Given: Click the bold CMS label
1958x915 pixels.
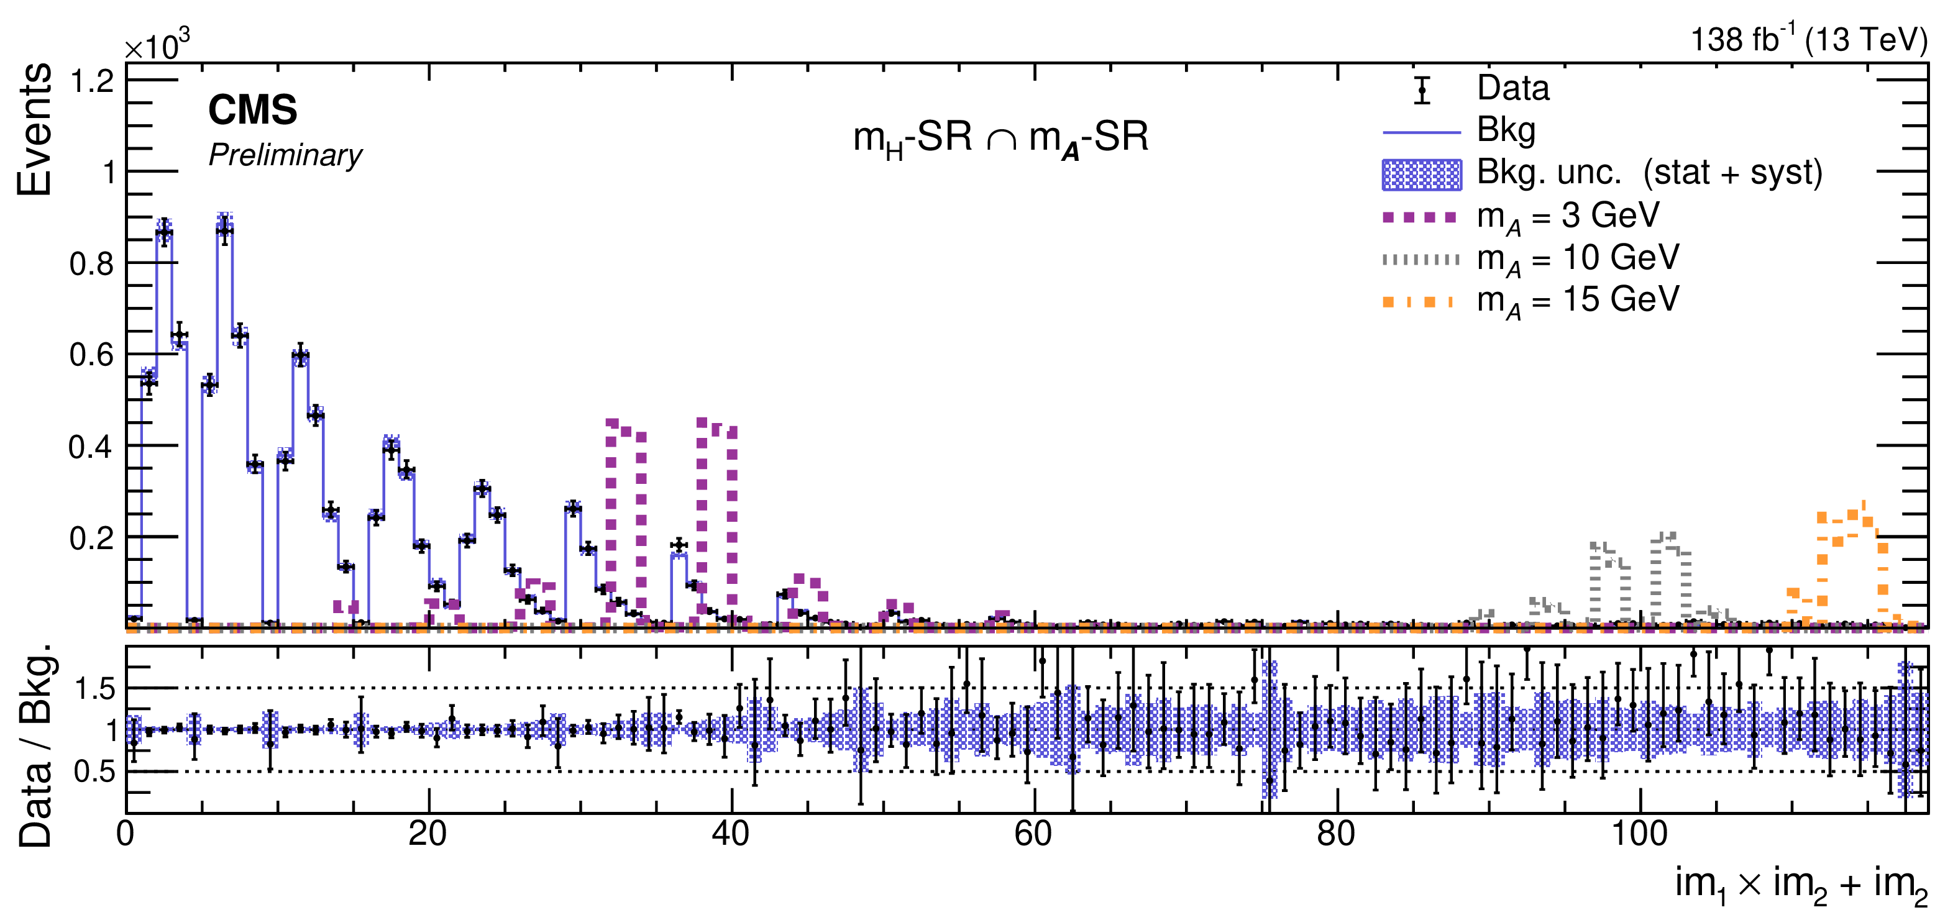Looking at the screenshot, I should [252, 110].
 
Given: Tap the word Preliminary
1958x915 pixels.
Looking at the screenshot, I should [285, 155].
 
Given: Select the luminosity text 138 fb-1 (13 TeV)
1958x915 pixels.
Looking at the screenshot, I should [1808, 40].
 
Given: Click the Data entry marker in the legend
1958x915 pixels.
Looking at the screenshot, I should [1421, 89].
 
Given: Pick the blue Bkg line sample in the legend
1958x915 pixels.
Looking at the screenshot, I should [1421, 132].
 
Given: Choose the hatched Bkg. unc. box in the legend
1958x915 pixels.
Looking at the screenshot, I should [1421, 175].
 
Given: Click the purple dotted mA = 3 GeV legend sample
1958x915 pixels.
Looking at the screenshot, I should [1420, 217].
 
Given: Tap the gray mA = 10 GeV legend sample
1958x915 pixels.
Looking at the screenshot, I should [1420, 260].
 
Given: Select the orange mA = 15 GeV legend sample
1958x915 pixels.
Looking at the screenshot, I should [1419, 302].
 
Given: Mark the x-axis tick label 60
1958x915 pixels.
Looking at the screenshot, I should [1033, 834].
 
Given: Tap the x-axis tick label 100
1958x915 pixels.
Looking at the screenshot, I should [1639, 834].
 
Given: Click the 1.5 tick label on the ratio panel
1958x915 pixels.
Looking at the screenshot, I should [94, 690].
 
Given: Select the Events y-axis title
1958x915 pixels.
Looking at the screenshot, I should [34, 129].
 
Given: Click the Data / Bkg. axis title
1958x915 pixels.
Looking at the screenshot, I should [34, 745].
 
